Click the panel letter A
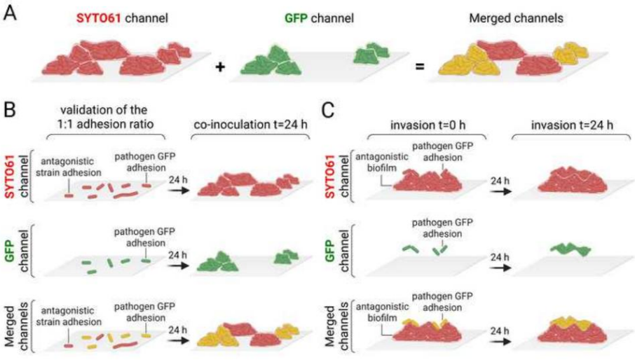click(11, 15)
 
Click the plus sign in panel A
click(219, 68)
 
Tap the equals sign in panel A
click(420, 68)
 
